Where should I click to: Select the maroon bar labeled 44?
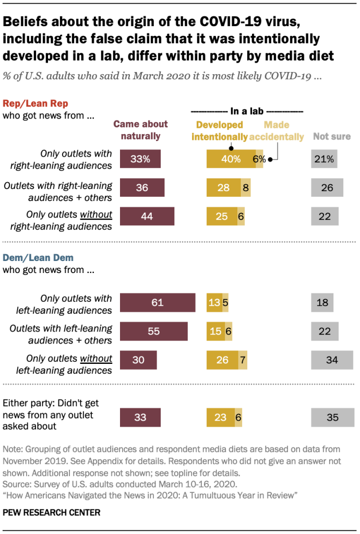pyautogui.click(x=147, y=217)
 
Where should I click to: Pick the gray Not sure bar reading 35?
pyautogui.click(x=332, y=418)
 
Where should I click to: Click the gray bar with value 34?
pyautogui.click(x=332, y=360)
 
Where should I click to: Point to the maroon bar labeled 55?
pyautogui.click(x=153, y=332)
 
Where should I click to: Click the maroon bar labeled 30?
pyautogui.click(x=138, y=360)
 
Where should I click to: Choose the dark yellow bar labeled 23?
pyautogui.click(x=220, y=418)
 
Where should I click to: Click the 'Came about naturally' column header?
pyautogui.click(x=141, y=130)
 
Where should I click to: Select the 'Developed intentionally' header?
pyautogui.click(x=219, y=131)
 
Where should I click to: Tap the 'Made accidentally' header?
pyautogui.click(x=277, y=131)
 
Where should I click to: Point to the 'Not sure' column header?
pyautogui.click(x=331, y=137)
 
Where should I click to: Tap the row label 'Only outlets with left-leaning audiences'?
pyautogui.click(x=76, y=304)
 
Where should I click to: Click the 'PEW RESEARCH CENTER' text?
pyautogui.click(x=51, y=513)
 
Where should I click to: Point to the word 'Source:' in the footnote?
pyautogui.click(x=17, y=484)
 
